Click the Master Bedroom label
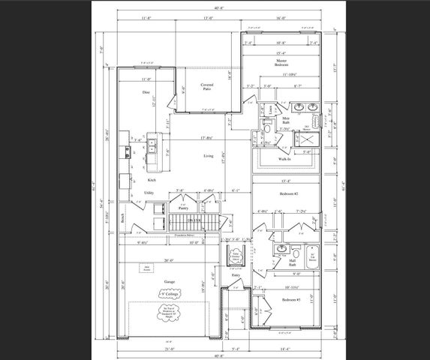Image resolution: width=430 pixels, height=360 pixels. pyautogui.click(x=281, y=64)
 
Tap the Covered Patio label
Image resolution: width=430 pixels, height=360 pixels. pyautogui.click(x=208, y=88)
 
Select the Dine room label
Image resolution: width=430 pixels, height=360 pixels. pyautogui.click(x=146, y=92)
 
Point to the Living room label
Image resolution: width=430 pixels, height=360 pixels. pyautogui.click(x=208, y=156)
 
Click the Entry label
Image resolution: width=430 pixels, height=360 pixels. pyautogui.click(x=236, y=275)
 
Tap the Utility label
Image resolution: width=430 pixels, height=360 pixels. pyautogui.click(x=149, y=193)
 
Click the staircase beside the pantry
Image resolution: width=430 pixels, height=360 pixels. pyautogui.click(x=194, y=223)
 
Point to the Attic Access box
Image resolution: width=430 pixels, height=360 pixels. pyautogui.click(x=148, y=268)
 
